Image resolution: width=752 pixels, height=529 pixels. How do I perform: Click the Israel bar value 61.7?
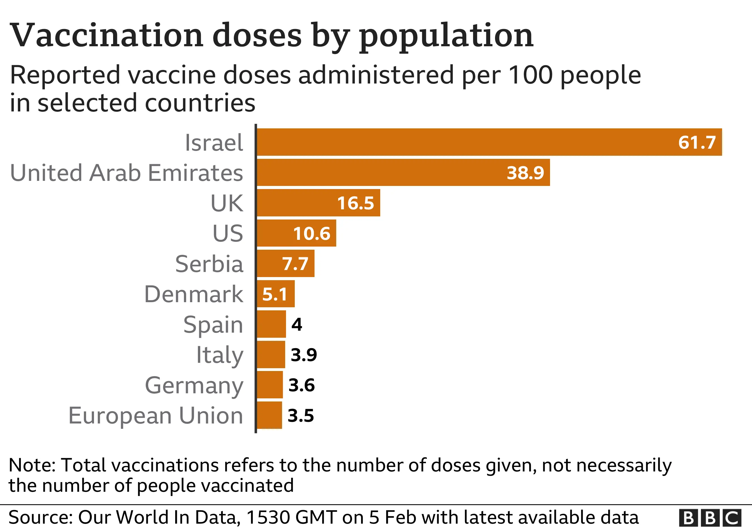(x=697, y=142)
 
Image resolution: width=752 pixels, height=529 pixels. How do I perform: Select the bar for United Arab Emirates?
(x=403, y=173)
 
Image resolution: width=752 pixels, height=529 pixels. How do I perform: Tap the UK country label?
(x=227, y=203)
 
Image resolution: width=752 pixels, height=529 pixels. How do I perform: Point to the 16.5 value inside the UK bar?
(x=355, y=203)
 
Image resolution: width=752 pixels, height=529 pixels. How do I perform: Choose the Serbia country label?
(x=209, y=264)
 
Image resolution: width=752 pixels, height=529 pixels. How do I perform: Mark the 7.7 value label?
(x=295, y=264)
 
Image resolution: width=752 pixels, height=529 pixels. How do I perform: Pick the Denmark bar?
(x=276, y=294)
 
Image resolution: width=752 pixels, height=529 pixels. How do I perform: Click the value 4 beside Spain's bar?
(x=297, y=324)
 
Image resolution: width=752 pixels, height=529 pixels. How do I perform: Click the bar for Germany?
(x=270, y=385)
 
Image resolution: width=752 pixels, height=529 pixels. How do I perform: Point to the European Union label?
(x=156, y=416)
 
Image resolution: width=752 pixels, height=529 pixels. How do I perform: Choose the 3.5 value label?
(x=301, y=415)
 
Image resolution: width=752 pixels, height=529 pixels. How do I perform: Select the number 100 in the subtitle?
(x=531, y=75)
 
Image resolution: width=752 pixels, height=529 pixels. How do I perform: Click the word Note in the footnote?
(x=32, y=465)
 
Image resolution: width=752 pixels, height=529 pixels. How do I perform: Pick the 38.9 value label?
(x=525, y=173)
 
